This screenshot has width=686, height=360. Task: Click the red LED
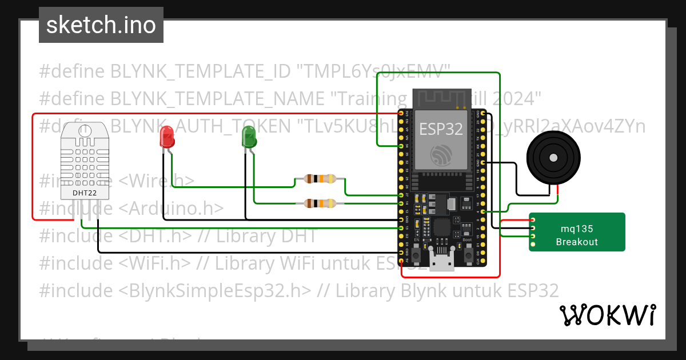[x=167, y=137]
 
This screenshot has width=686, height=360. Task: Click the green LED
[x=249, y=137]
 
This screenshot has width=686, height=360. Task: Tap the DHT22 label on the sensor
[x=85, y=193]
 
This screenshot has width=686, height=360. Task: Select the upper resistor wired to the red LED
[x=320, y=179]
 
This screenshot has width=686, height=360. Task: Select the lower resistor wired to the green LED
[x=320, y=203]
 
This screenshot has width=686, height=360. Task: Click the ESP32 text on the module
[x=441, y=129]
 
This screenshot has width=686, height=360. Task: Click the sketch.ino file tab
[x=101, y=25]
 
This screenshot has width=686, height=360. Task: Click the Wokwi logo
[x=607, y=315]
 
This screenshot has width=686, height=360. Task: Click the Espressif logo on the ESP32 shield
[x=442, y=156]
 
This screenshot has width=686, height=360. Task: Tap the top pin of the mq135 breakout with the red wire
[x=533, y=220]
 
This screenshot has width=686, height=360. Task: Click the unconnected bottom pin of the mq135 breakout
[x=533, y=245]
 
